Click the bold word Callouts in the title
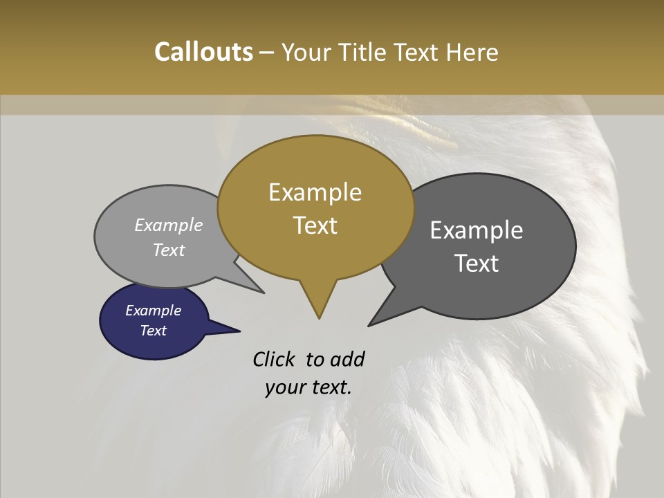click(x=203, y=52)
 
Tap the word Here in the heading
click(x=472, y=52)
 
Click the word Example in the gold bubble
click(x=315, y=192)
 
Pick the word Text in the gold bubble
click(x=315, y=225)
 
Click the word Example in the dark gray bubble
click(x=477, y=230)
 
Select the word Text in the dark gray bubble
click(x=477, y=264)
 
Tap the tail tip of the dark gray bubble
click(x=369, y=325)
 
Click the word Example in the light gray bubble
click(x=169, y=225)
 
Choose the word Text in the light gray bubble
click(x=169, y=250)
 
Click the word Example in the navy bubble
click(x=153, y=311)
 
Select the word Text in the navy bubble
click(x=153, y=331)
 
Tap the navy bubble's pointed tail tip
click(x=239, y=331)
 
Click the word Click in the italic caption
click(x=275, y=359)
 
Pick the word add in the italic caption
click(x=347, y=359)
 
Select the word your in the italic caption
click(x=284, y=387)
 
